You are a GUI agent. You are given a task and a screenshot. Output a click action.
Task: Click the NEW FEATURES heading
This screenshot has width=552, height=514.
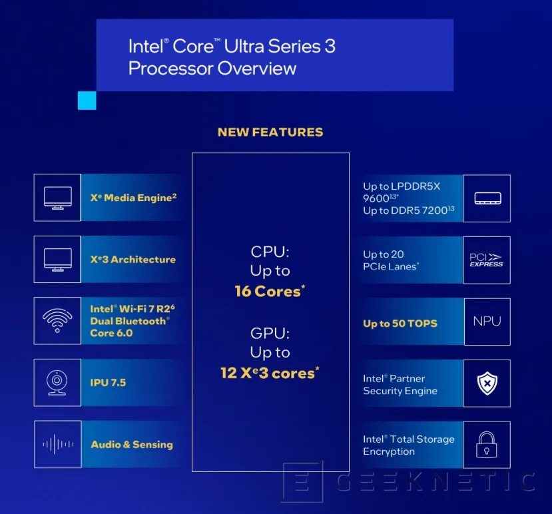point(270,132)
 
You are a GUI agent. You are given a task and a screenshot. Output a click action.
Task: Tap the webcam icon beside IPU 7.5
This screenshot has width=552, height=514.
point(57,383)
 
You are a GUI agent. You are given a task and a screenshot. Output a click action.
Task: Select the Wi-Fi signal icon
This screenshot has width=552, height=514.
point(57,321)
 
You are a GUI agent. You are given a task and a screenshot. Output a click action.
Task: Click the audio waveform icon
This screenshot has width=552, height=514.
point(57,444)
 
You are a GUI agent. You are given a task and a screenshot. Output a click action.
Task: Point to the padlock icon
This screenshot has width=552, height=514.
point(487,445)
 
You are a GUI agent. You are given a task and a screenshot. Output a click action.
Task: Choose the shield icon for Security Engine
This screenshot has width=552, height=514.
point(487,384)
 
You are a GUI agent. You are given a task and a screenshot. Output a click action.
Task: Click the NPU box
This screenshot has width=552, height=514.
point(487,322)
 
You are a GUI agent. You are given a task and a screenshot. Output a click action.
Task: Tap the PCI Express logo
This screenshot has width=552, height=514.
point(487,260)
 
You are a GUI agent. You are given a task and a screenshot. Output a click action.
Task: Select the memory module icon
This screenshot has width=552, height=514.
point(487,198)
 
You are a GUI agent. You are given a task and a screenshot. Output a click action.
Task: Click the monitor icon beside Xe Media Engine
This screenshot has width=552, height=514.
point(57,198)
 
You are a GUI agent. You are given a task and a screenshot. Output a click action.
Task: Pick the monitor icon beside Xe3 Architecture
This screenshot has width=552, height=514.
point(57,260)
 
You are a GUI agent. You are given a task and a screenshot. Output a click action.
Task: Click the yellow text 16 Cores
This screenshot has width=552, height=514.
point(270,291)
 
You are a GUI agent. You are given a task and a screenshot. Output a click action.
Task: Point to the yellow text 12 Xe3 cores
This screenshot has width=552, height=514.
point(270,373)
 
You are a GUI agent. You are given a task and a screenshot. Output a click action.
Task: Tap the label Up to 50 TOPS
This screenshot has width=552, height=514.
point(400,324)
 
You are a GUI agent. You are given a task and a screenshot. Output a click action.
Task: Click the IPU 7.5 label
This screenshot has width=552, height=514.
point(108,383)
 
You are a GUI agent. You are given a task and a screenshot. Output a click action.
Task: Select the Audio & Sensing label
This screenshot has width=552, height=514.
point(132,444)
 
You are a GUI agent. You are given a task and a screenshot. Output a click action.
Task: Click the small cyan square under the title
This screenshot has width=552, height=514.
point(87,101)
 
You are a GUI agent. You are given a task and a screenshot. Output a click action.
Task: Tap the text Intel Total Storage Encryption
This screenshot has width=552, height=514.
point(408,445)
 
